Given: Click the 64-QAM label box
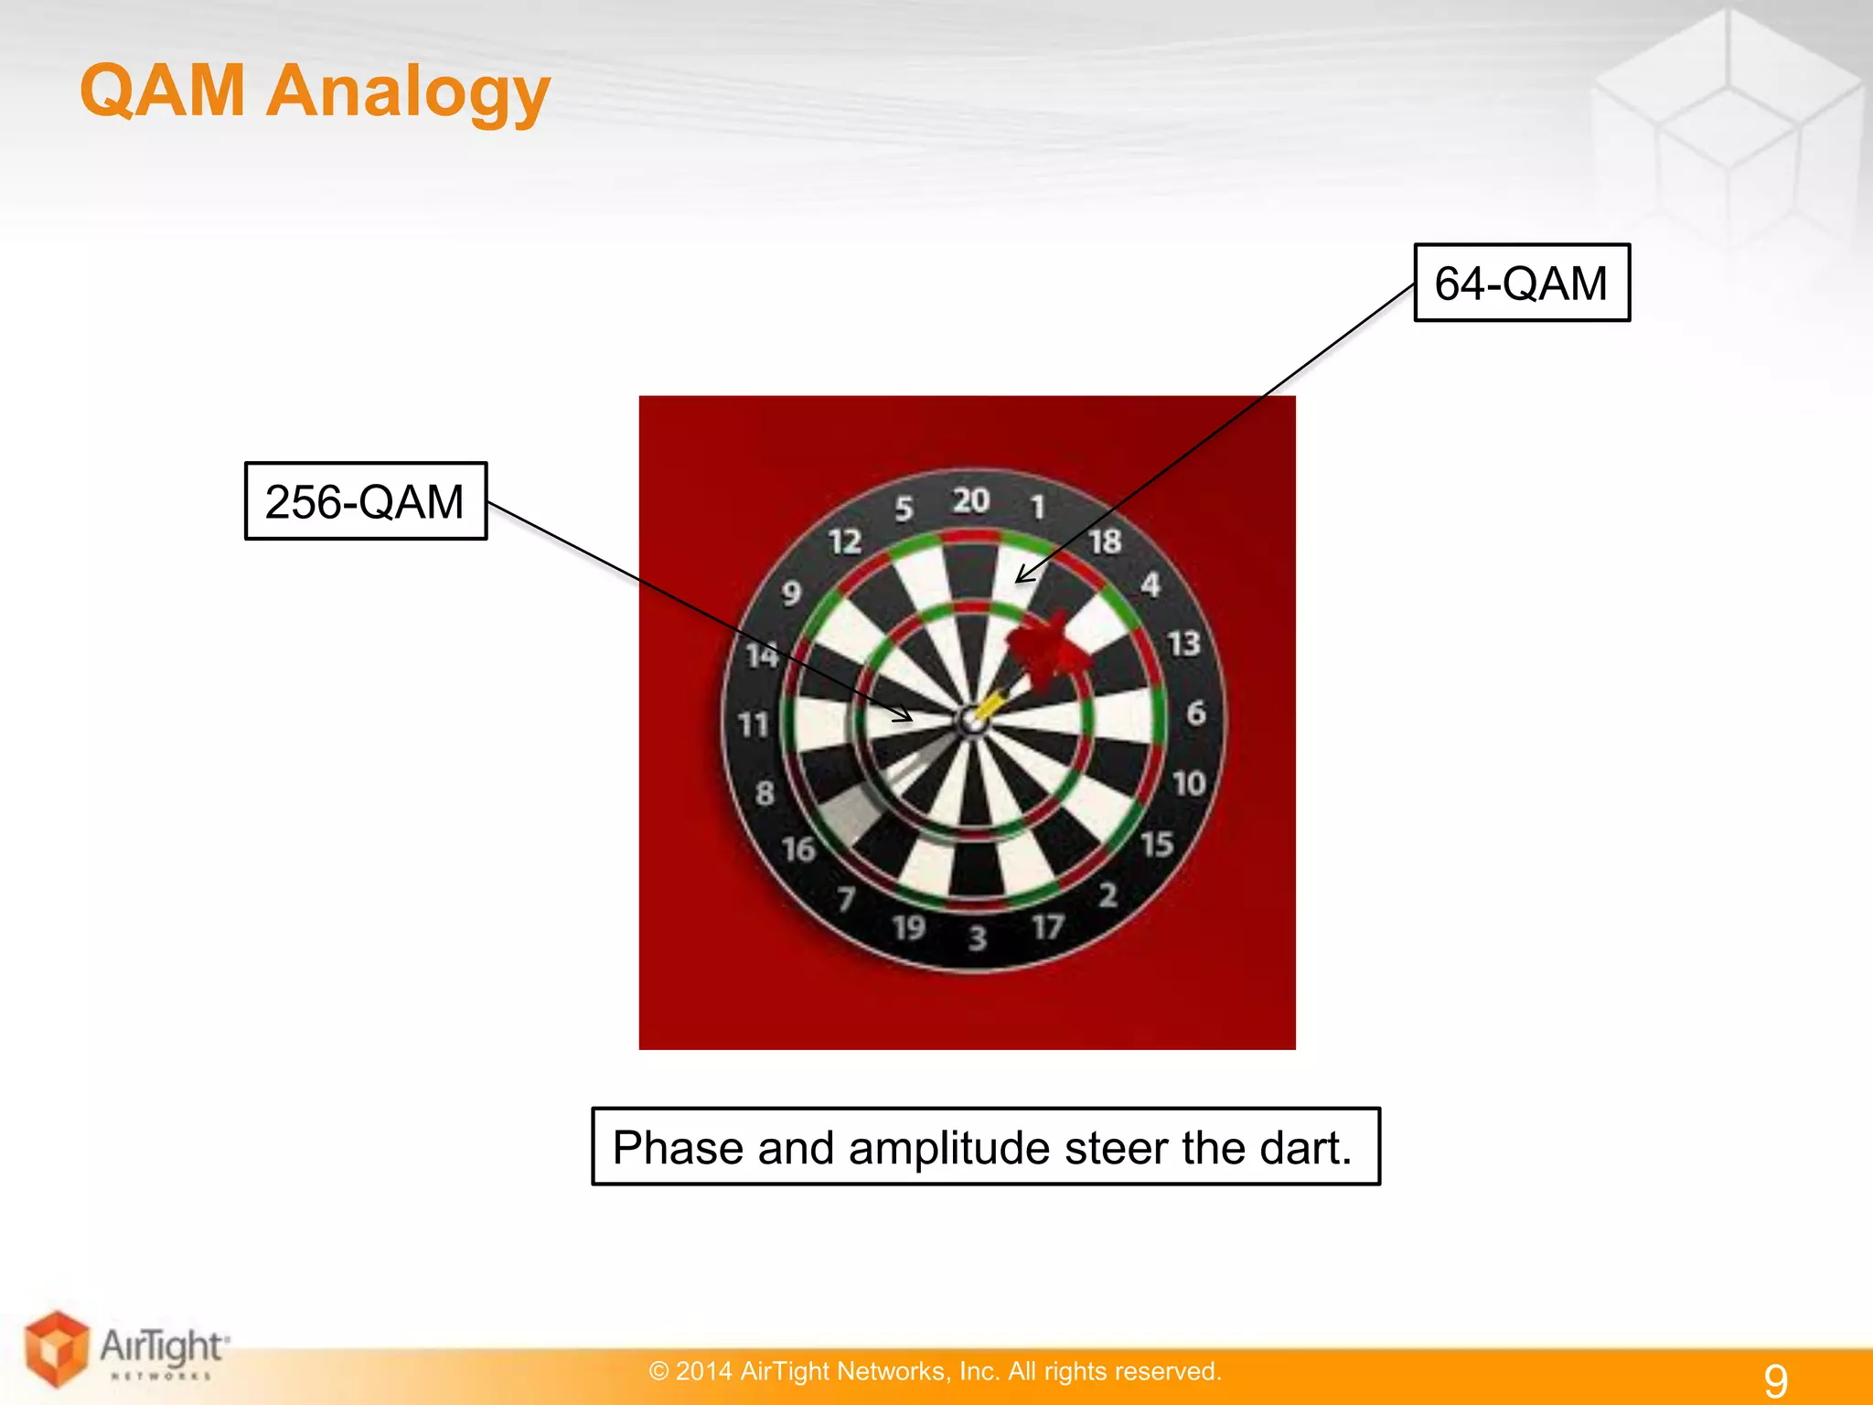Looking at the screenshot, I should pyautogui.click(x=1521, y=283).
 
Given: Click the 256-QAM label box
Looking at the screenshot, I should pyautogui.click(x=365, y=501).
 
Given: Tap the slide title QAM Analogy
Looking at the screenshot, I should pyautogui.click(x=315, y=91).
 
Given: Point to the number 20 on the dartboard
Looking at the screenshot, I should pyautogui.click(x=971, y=500).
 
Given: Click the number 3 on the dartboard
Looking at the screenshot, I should pyautogui.click(x=978, y=938).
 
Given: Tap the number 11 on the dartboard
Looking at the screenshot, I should pyautogui.click(x=755, y=725).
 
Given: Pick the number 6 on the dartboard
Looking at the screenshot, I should pyautogui.click(x=1195, y=713).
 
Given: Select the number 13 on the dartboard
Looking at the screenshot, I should pyautogui.click(x=1183, y=644).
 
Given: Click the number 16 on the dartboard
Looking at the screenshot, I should pyautogui.click(x=798, y=850).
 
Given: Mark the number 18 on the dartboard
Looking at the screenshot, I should pyautogui.click(x=1105, y=542).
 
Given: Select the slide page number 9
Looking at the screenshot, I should pyautogui.click(x=1775, y=1379).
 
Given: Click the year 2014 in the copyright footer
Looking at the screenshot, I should pyautogui.click(x=703, y=1371).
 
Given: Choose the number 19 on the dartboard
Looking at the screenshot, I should pyautogui.click(x=909, y=928).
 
